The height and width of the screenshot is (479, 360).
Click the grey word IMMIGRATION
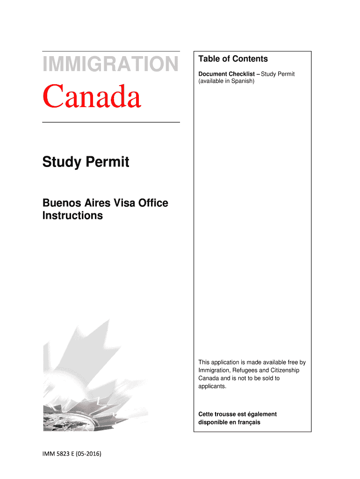(x=110, y=64)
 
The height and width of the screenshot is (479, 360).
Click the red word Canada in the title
(x=92, y=96)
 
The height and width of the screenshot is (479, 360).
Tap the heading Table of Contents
(x=233, y=59)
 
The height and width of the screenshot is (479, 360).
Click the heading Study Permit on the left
(x=86, y=163)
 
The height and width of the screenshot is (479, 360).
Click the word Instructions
(x=72, y=216)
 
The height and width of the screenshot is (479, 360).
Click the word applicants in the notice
(x=212, y=386)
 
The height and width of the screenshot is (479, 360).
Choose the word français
(x=248, y=422)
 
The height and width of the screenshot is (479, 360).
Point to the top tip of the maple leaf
(x=108, y=320)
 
